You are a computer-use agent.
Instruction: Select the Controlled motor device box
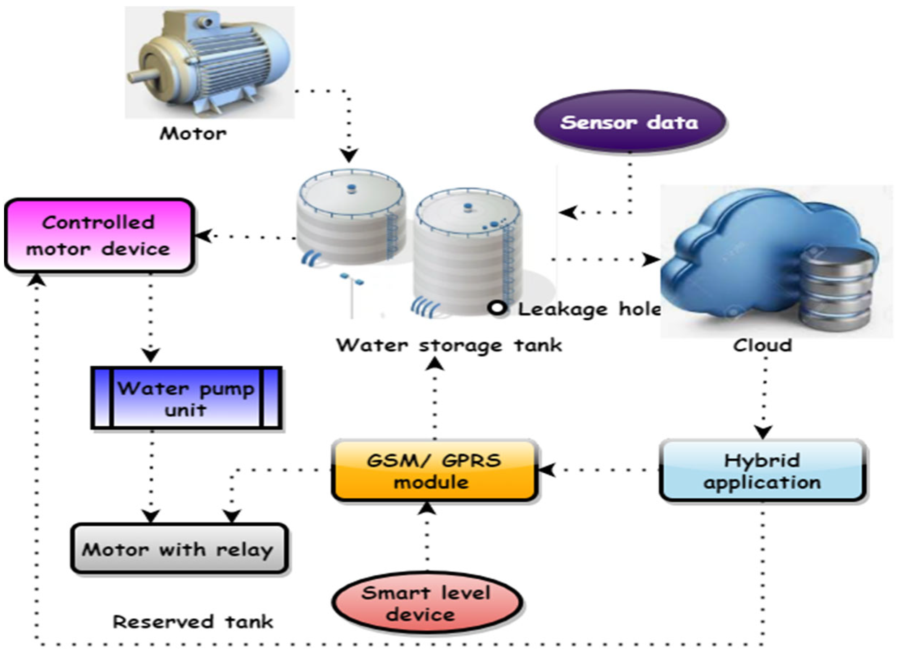(99, 236)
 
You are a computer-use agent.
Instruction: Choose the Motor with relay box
(179, 549)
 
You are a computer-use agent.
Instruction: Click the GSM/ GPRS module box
(434, 471)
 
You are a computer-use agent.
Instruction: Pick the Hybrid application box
(762, 471)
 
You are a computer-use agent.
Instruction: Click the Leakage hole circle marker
(497, 308)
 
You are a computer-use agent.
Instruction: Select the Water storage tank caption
(449, 345)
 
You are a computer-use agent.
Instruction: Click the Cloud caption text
(762, 345)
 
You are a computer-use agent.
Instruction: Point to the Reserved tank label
(193, 621)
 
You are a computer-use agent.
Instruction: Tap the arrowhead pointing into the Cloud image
(652, 260)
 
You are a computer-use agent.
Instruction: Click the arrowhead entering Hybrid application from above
(763, 432)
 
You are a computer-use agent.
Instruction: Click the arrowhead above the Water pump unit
(151, 355)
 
